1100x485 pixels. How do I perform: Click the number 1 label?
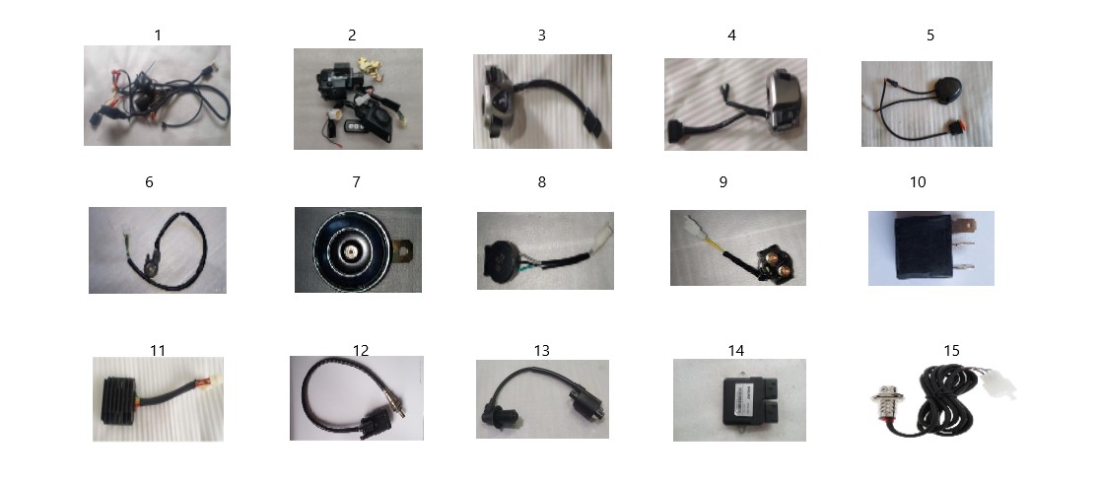tap(158, 35)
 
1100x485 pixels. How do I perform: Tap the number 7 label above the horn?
tap(357, 182)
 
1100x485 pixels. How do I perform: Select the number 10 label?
tap(918, 182)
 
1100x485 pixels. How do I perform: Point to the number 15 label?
tap(951, 350)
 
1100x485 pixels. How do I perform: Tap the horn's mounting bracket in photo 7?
tap(404, 249)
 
